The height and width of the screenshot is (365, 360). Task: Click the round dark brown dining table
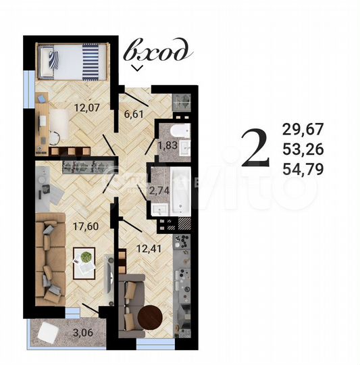click(149, 318)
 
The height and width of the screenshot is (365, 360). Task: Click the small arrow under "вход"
click(137, 68)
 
